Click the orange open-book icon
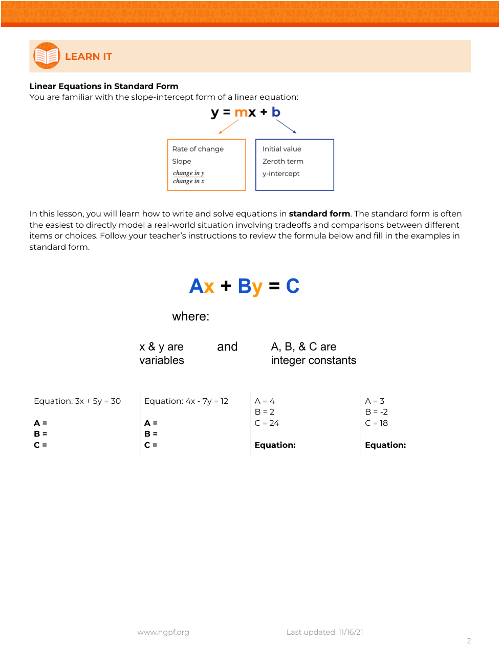click(x=47, y=56)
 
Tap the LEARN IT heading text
click(x=89, y=57)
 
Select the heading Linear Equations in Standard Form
click(x=104, y=86)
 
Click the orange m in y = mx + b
click(x=241, y=113)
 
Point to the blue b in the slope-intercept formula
click(x=276, y=112)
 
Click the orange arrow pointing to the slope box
click(x=228, y=127)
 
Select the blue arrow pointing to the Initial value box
click(x=286, y=126)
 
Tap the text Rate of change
click(x=198, y=149)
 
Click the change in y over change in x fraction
click(x=189, y=177)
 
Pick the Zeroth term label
click(x=283, y=161)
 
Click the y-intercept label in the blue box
click(x=281, y=174)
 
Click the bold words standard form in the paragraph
click(x=319, y=214)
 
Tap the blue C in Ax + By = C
click(x=293, y=286)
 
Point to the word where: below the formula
click(x=191, y=316)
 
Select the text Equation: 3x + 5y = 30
click(x=77, y=401)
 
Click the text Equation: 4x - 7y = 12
click(x=186, y=401)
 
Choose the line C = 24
click(x=267, y=423)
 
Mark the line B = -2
click(x=377, y=412)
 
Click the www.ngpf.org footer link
click(x=163, y=632)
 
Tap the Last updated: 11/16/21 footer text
click(x=325, y=632)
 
